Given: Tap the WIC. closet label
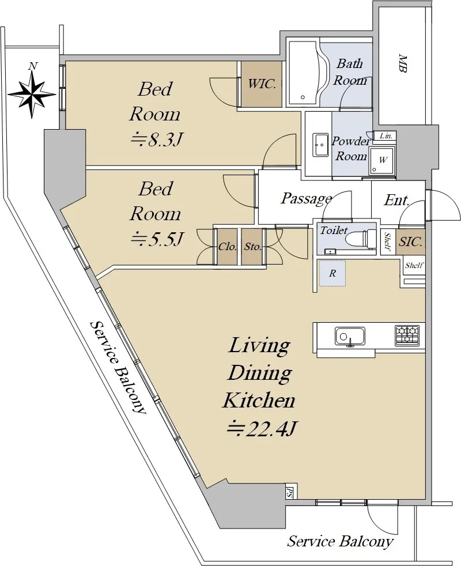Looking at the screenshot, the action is coord(262,84).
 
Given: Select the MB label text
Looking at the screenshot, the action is coord(403,63).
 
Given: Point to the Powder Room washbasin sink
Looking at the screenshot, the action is coord(320,145).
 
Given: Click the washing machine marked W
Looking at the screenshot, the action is coord(382,160).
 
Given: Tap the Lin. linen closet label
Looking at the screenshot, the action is coord(386,136).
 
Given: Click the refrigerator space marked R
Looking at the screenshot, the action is coord(332,273).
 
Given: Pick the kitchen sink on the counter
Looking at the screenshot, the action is coord(350,336).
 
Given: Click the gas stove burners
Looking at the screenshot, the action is coord(407,334).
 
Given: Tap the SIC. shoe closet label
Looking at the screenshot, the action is coord(410,242).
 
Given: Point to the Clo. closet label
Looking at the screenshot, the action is coord(228,247).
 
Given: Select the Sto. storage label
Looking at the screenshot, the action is coord(253,247).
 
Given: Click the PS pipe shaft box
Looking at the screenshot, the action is coord(289,492).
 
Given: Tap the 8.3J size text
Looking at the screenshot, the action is coord(155,139).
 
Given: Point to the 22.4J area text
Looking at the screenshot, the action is coord(262,428).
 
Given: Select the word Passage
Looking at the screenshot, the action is coord(306,198).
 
